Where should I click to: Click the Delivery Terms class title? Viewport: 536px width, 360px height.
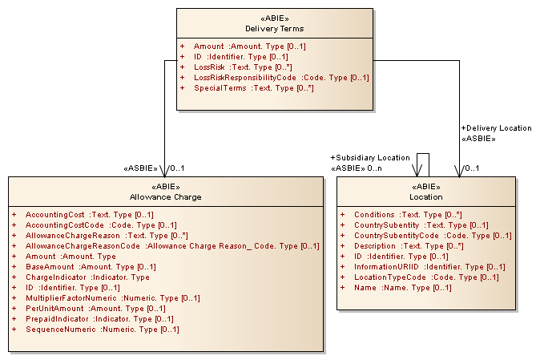pyautogui.click(x=275, y=29)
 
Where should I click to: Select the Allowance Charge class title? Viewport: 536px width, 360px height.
pyautogui.click(x=165, y=196)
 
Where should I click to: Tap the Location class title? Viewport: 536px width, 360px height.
pyautogui.click(x=426, y=196)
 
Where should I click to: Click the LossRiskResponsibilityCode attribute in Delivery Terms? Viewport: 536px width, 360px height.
pyautogui.click(x=280, y=78)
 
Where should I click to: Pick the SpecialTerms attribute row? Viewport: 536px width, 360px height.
pyautogui.click(x=253, y=88)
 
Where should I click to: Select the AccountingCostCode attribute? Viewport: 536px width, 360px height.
pyautogui.click(x=101, y=225)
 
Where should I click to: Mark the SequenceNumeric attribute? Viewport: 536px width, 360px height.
pyautogui.click(x=102, y=330)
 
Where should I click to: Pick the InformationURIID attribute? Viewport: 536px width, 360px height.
pyautogui.click(x=429, y=267)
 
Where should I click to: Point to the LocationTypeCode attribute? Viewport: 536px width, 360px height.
pyautogui.click(x=425, y=277)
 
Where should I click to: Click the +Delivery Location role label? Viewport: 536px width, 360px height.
pyautogui.click(x=495, y=128)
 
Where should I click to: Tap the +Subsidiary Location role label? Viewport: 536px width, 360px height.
pyautogui.click(x=369, y=158)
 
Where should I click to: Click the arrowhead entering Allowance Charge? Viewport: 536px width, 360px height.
pyautogui.click(x=163, y=172)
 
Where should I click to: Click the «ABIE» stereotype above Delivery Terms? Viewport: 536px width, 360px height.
pyautogui.click(x=275, y=18)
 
